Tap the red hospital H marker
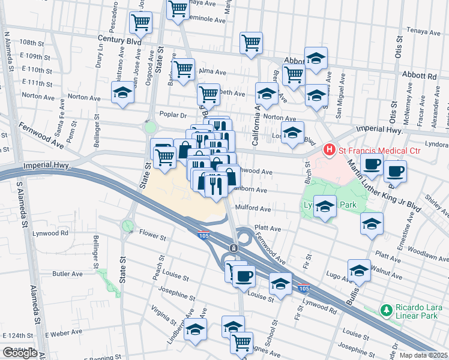328,148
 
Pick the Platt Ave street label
268,229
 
